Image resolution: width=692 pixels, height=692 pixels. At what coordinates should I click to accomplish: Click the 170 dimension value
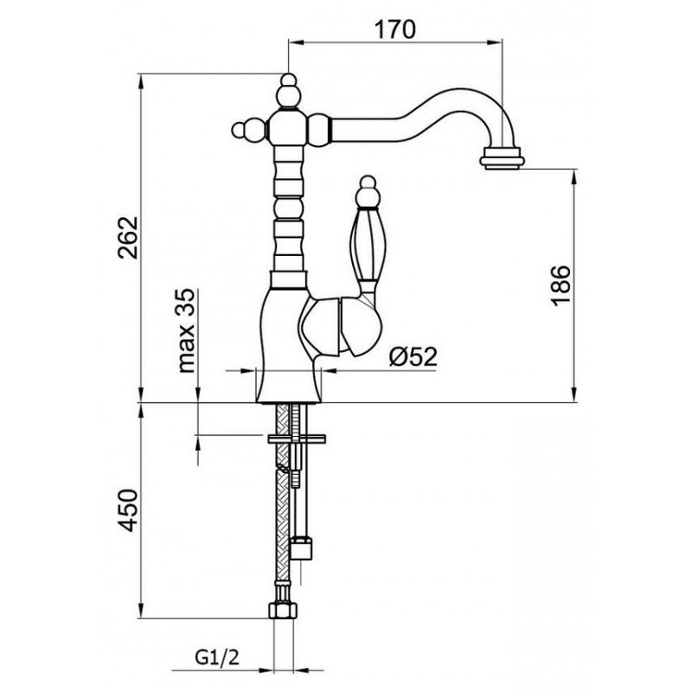[x=395, y=29]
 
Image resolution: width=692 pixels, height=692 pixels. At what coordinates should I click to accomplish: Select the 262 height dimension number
[x=129, y=237]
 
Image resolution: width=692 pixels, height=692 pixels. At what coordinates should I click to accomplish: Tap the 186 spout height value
[x=561, y=285]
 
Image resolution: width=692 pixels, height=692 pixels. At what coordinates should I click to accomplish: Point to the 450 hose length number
[x=129, y=509]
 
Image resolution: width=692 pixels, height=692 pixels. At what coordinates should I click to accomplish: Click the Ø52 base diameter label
[x=413, y=356]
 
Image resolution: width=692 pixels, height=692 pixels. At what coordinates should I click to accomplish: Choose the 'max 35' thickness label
[x=187, y=330]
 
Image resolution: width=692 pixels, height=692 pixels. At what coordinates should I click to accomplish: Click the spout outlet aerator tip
[x=503, y=159]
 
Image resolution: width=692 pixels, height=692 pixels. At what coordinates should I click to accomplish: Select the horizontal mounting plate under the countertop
[x=297, y=439]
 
